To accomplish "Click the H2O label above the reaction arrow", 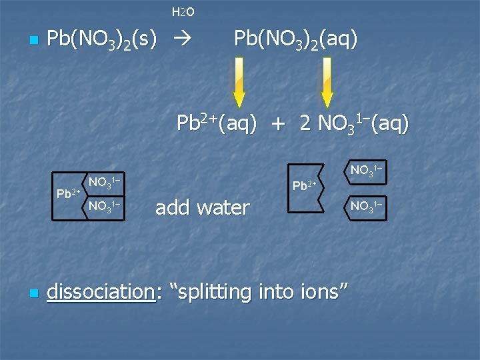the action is pos(183,12).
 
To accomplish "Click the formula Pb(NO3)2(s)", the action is pos(102,41).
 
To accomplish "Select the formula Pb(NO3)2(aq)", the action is pos(295,39).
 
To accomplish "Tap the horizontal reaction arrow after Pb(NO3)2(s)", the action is pos(182,41).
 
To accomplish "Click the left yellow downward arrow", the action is pos(239,82).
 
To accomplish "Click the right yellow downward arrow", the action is pos(327,82).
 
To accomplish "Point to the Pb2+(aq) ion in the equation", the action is pos(216,123).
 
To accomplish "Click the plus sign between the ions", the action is pos(278,125).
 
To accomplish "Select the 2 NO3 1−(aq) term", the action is pos(355,124).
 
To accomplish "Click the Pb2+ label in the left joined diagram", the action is pos(68,193).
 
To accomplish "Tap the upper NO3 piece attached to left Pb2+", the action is pos(105,182).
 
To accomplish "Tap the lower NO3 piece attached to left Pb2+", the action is pos(105,206).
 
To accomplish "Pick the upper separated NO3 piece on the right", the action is pos(366,170).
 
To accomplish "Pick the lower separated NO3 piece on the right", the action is pos(366,206).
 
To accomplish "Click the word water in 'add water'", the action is pos(221,208).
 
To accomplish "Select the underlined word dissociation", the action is pos(101,291).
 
